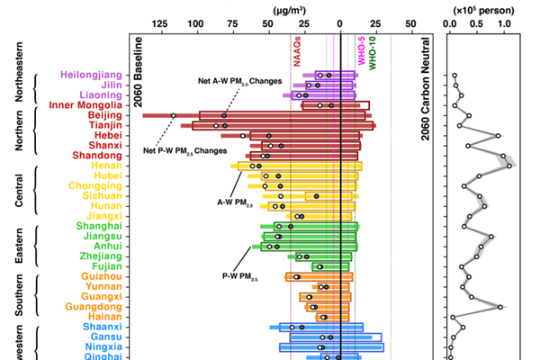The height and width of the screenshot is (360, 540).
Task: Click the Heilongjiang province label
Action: point(89,75)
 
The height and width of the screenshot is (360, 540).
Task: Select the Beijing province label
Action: point(105,115)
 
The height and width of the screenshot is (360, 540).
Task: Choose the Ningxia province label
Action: point(103,346)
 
